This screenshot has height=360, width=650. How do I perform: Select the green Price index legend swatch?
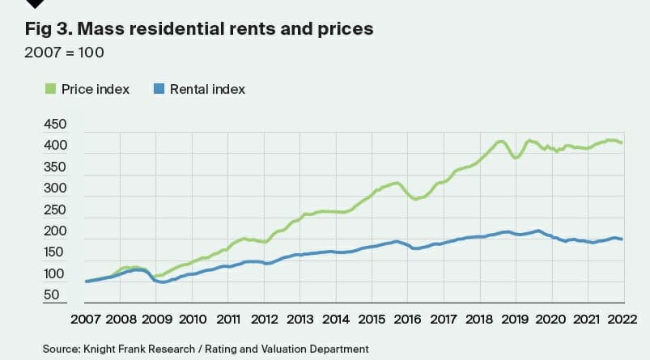(x=51, y=89)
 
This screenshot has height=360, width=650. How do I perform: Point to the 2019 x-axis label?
(x=515, y=318)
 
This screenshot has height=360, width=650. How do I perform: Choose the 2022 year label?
(x=622, y=318)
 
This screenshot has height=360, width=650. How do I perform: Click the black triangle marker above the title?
(x=35, y=4)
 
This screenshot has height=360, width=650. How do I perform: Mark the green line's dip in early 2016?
(x=416, y=198)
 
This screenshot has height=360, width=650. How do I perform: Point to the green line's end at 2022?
(x=621, y=142)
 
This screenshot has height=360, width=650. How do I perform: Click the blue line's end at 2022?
(x=621, y=239)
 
